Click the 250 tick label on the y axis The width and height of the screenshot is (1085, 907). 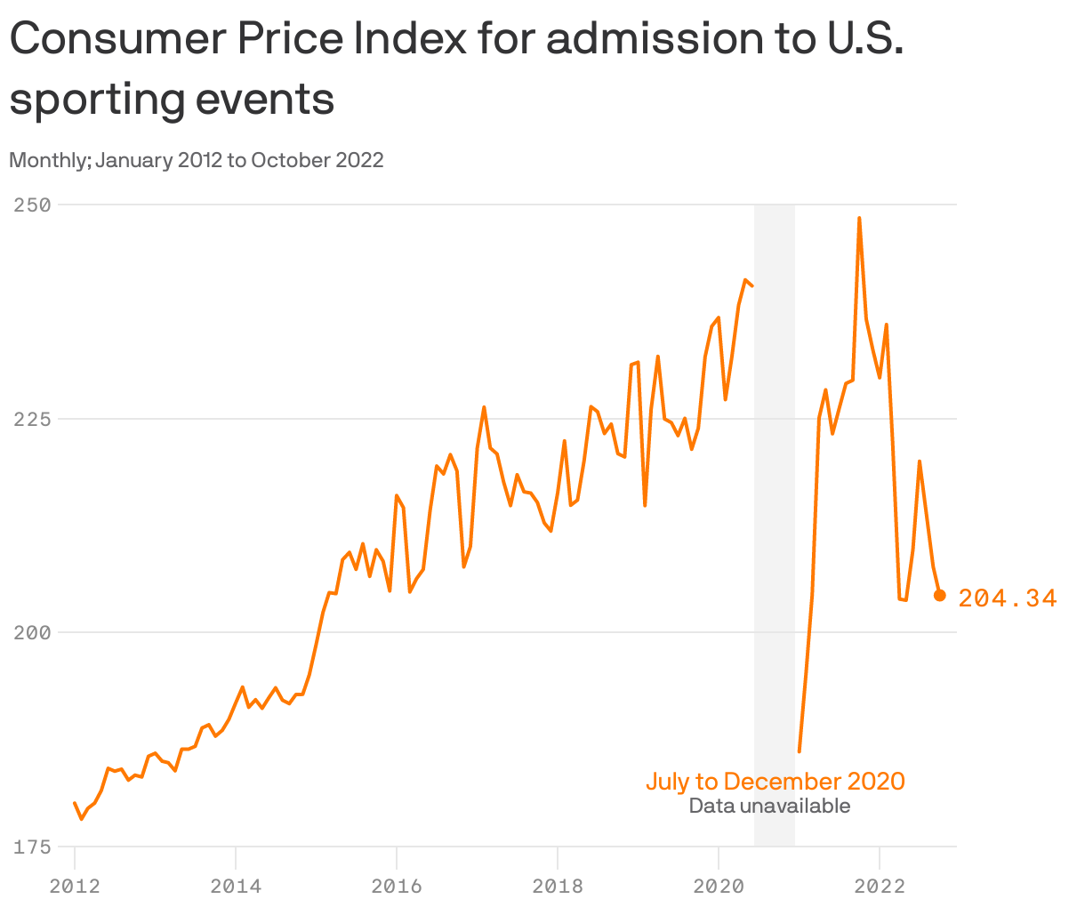pos(32,205)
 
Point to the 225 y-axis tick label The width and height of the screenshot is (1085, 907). pos(32,419)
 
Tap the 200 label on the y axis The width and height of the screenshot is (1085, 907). pos(32,632)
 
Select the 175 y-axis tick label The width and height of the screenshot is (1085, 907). pos(32,847)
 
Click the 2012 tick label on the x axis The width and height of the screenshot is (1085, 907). pos(75,886)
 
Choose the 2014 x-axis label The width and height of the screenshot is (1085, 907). pos(236,886)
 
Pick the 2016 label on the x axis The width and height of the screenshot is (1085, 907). pos(397,886)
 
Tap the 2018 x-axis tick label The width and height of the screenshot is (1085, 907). pos(558,886)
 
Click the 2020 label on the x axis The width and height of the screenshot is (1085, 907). pos(719,886)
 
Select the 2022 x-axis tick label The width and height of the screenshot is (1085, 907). pos(880,886)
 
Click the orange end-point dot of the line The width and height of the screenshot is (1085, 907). pos(940,595)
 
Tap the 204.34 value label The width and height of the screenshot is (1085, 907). pos(1008,598)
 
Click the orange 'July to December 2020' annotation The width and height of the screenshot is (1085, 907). pos(775,782)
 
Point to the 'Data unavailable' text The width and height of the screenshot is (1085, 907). pos(769,806)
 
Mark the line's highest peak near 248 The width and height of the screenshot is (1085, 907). pos(859,218)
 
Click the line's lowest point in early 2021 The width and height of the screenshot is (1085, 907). pos(800,751)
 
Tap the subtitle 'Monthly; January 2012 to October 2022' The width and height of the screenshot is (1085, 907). pos(197,160)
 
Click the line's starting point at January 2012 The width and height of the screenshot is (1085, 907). pos(75,803)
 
